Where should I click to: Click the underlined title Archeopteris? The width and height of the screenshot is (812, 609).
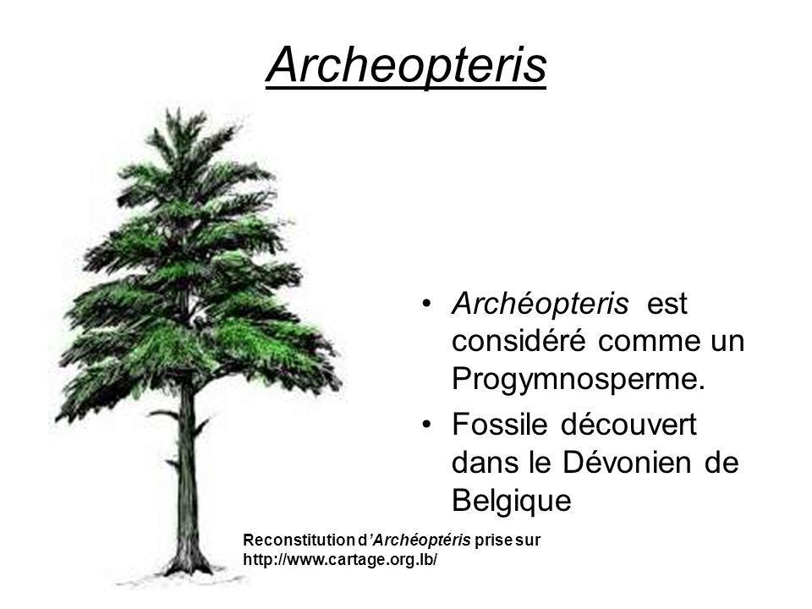pos(406,65)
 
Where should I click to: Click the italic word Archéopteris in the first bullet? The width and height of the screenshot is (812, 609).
pos(540,303)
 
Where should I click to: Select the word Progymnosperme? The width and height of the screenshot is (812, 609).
pos(579,380)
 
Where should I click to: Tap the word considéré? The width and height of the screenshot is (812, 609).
pos(518,341)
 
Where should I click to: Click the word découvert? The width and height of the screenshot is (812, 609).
pos(628,424)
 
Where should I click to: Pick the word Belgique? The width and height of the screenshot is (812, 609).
pos(512,502)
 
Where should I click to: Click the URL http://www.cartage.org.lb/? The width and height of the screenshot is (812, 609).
pos(340,560)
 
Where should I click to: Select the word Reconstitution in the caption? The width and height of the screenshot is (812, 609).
pos(299,540)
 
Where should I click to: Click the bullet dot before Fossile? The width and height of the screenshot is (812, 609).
pos(426,425)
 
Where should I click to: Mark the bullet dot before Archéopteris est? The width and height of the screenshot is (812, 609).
pos(426,303)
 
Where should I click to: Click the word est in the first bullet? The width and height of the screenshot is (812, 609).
pos(667,304)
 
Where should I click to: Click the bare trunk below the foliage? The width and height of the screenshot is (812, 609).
pos(187,481)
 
